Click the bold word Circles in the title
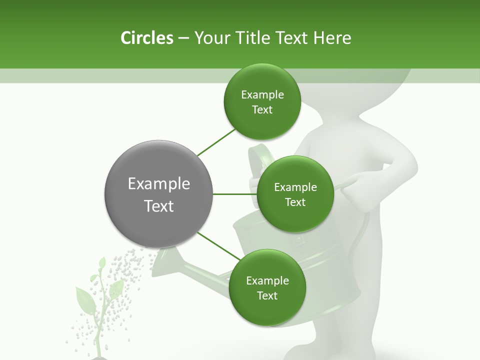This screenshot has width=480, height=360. tap(146, 38)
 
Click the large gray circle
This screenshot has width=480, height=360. tap(159, 194)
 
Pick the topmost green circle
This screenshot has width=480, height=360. tap(262, 102)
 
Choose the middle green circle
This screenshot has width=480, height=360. tap(295, 194)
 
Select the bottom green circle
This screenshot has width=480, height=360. tap(267, 288)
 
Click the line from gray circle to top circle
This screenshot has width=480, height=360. tap(216, 142)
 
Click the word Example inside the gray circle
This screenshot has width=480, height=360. tap(159, 183)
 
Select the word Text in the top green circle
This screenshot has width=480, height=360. tap(262, 110)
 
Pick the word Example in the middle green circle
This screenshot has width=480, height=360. tap(295, 187)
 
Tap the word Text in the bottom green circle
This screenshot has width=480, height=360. tap(267, 295)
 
